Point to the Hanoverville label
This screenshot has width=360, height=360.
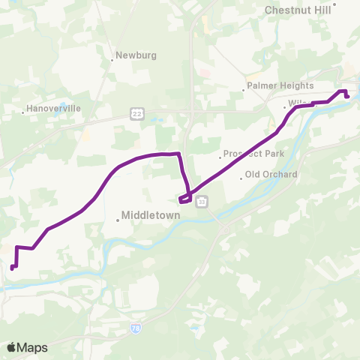tap(53, 109)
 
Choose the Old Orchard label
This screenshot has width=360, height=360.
tap(271, 175)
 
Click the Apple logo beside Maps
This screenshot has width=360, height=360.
tap(12, 347)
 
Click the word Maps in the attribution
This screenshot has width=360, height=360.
tap(33, 347)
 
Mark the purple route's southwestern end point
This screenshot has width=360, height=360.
tap(11, 267)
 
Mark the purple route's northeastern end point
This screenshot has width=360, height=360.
tap(347, 96)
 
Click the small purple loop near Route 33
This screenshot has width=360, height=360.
tap(185, 199)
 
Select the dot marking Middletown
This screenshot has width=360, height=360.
tap(118, 220)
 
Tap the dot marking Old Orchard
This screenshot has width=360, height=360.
tap(241, 178)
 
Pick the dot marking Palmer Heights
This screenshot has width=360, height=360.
tap(244, 90)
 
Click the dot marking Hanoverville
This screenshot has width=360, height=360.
tap(23, 113)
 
